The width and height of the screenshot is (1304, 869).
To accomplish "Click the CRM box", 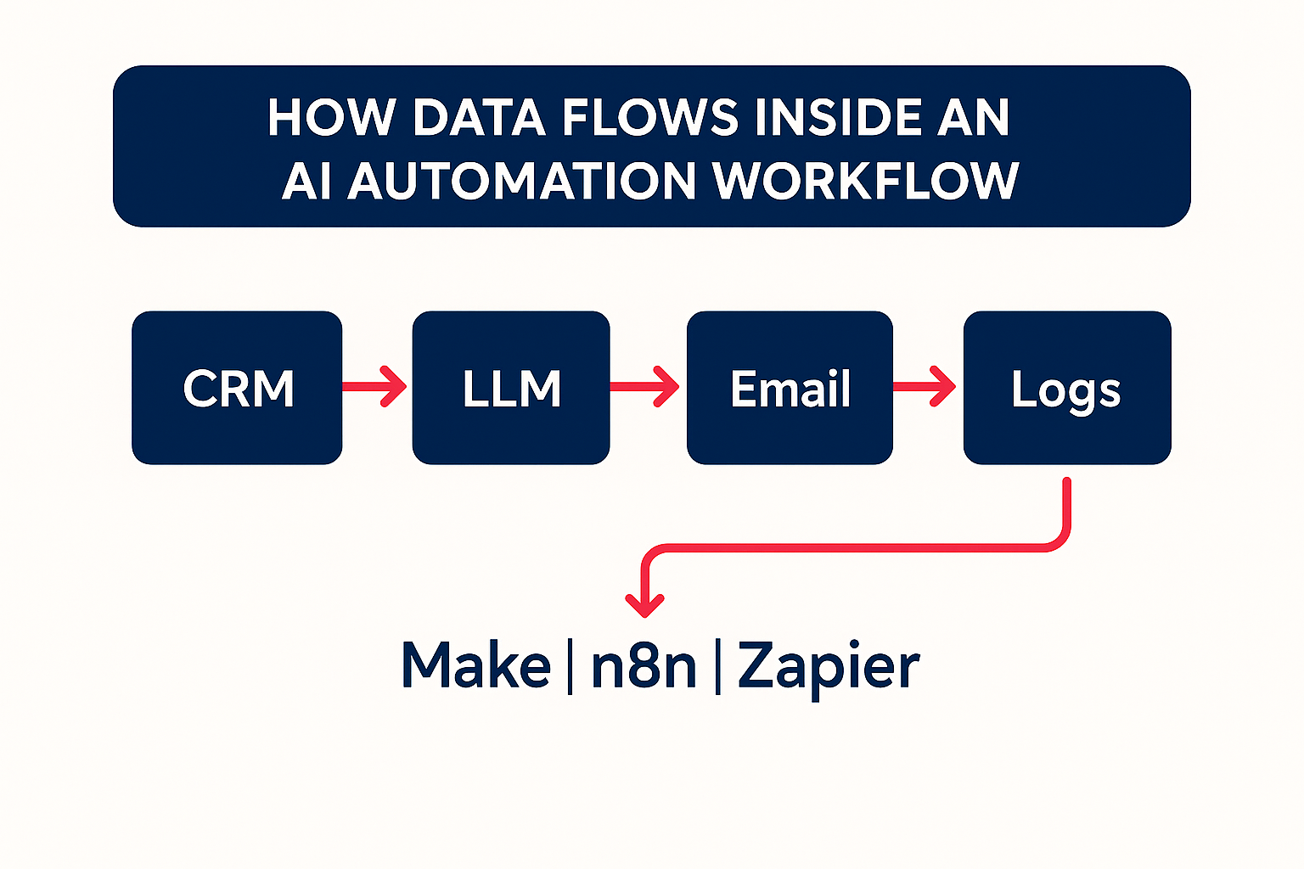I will pos(237,388).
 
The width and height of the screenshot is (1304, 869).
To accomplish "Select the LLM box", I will pos(511,388).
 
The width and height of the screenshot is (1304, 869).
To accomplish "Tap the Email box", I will pos(790,388).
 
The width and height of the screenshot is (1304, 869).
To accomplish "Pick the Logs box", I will pos(1066,388).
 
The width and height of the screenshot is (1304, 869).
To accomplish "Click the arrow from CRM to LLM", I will pos(376,387).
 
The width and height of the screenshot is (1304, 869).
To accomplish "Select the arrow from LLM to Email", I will pos(646,387).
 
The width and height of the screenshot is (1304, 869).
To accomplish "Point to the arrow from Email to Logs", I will pos(926,387).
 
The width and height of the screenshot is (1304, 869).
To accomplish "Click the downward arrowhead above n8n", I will pos(644,603).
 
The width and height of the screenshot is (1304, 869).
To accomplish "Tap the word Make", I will pos(475,665).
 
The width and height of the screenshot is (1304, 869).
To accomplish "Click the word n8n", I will pos(644,665).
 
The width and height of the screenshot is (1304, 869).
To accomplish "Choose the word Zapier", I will pos(829,667).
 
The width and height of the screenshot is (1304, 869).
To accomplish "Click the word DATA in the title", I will pos(479,117).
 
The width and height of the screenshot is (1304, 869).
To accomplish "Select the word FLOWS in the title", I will pos(650,117).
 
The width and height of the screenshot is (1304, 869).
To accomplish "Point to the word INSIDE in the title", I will pos(837,117).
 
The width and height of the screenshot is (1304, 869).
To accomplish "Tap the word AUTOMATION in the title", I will pos(521,181).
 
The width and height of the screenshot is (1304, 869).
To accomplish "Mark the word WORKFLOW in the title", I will pos(866,181).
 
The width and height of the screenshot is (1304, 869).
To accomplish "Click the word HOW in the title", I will pos(332,117).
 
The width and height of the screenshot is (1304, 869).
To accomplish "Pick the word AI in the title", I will pos(306,181).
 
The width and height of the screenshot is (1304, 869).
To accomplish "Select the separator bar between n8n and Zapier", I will pos(718,665).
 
